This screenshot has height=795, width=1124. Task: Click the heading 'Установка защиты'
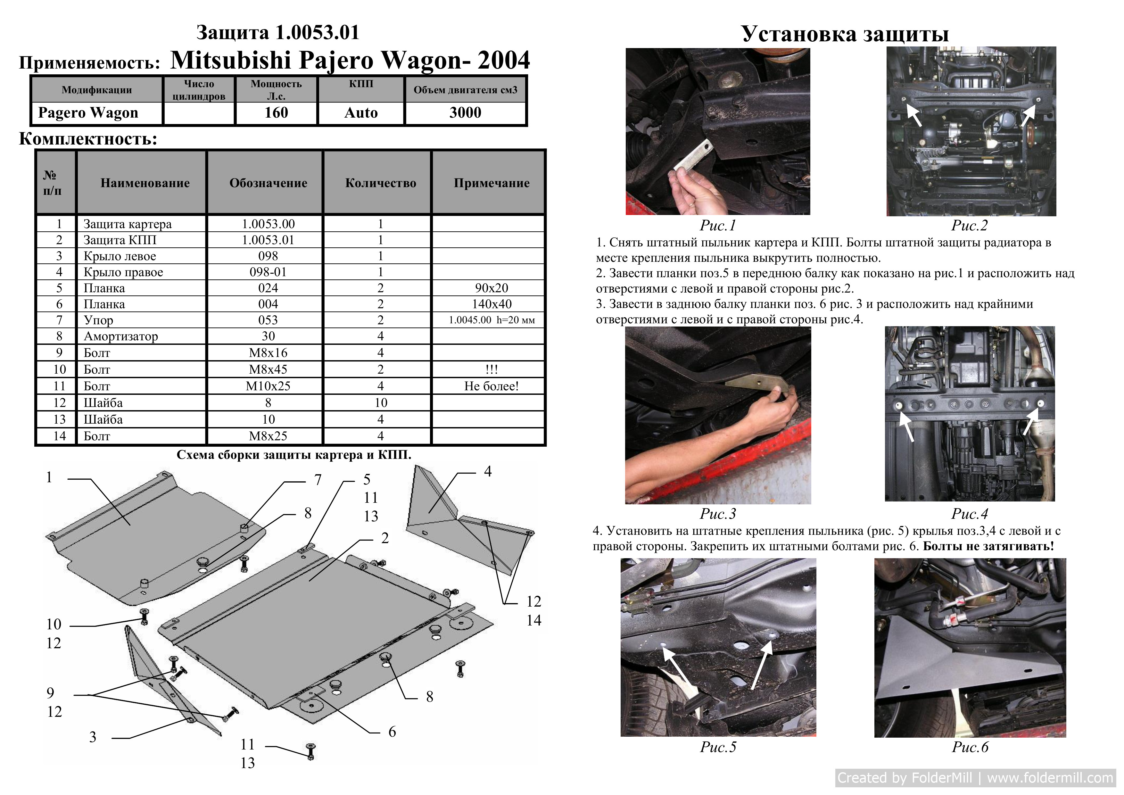pos(845,34)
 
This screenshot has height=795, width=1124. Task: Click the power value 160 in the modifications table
pos(276,112)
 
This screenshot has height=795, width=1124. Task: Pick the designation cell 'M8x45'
pos(268,369)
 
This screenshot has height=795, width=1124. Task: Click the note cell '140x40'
pos(492,304)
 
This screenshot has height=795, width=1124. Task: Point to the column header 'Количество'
pos(381,183)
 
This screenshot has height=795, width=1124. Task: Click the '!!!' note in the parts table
pos(492,369)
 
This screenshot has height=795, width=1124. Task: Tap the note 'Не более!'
pos(492,386)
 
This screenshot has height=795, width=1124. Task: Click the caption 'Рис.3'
pos(718,514)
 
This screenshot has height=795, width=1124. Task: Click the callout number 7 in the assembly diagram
pos(318,480)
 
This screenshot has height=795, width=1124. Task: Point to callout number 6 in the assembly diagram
pos(392,732)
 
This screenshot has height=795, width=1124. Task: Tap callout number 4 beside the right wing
pos(488,471)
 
